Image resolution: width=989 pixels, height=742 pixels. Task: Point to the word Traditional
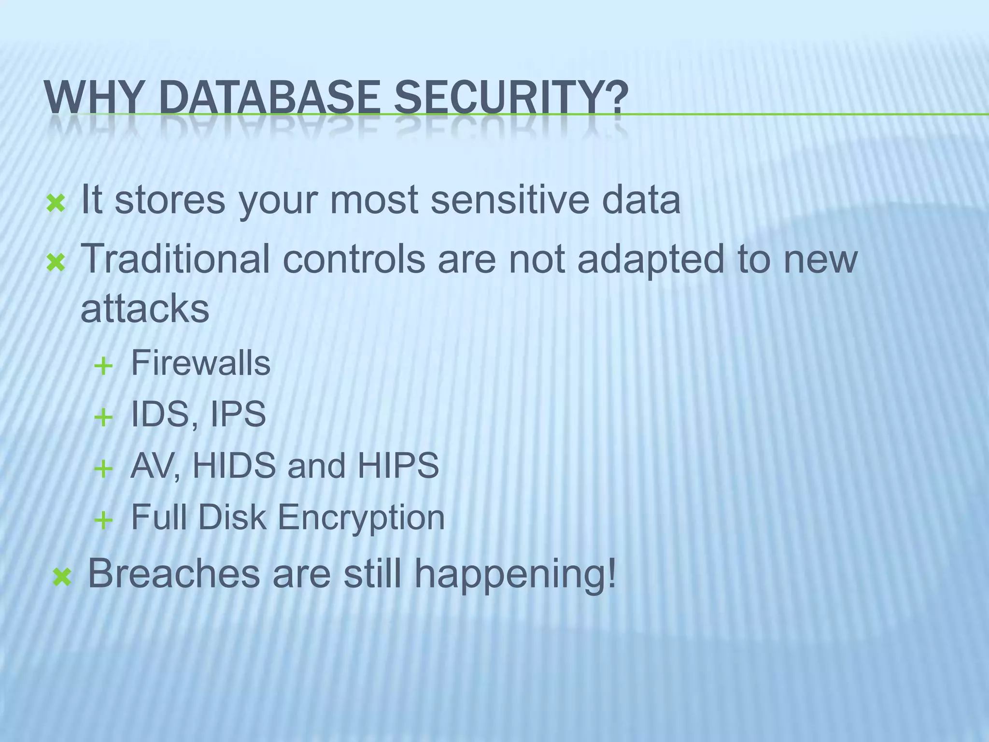[x=175, y=258]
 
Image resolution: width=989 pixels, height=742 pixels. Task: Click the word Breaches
[x=174, y=573]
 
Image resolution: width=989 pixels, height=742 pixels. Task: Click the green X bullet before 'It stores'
[x=56, y=204]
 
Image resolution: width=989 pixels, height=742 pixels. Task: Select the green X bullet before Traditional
[x=56, y=263]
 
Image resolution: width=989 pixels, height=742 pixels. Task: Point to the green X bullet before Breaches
[x=62, y=577]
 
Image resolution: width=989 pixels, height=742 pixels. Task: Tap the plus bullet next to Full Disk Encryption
[x=103, y=521]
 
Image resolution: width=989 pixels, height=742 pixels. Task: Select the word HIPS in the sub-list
[x=398, y=466]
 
